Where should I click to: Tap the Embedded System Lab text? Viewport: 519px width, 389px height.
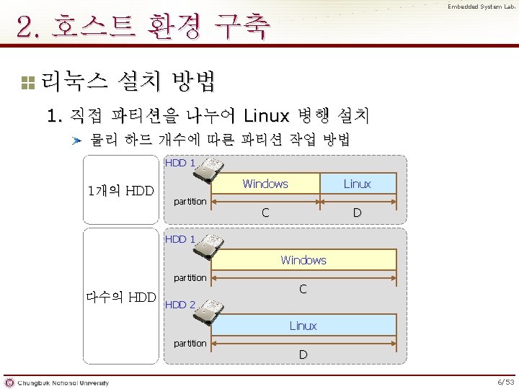click(480, 7)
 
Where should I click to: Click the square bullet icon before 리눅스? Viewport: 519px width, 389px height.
click(27, 82)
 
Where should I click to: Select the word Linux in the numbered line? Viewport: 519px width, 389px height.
click(266, 115)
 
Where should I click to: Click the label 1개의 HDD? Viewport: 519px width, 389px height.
click(120, 191)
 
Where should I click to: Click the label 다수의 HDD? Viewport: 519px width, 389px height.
click(120, 296)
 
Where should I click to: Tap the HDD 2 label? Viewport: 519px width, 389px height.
click(180, 304)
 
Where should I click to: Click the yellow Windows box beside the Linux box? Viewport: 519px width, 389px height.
click(265, 184)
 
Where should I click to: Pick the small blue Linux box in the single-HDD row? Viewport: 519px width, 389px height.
click(357, 184)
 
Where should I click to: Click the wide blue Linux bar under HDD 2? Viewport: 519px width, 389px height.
click(303, 326)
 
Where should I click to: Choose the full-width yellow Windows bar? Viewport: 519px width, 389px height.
click(303, 260)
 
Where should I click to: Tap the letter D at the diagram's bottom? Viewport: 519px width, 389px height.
click(303, 354)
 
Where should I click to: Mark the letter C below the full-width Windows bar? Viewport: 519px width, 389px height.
click(303, 289)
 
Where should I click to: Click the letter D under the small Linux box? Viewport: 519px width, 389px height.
click(357, 213)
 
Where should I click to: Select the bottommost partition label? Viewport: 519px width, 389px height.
click(190, 343)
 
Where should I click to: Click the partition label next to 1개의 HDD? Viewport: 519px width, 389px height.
click(190, 202)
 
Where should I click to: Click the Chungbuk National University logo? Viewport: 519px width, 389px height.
click(58, 382)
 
